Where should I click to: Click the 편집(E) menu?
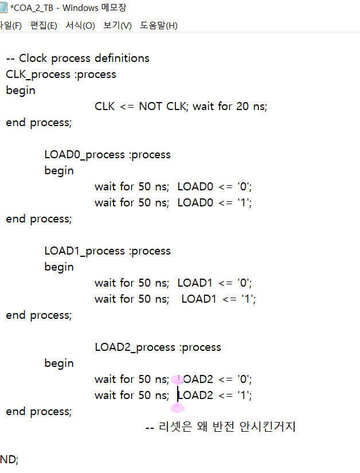click(44, 26)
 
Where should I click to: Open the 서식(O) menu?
click(80, 26)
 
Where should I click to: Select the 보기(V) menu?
click(118, 26)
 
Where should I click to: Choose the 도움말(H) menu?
click(159, 26)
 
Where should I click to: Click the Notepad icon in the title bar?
click(3, 7)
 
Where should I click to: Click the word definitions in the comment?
click(122, 58)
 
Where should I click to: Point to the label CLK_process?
click(38, 74)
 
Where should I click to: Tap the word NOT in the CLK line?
click(151, 106)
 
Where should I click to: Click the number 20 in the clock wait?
click(242, 106)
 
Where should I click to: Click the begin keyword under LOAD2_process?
click(59, 363)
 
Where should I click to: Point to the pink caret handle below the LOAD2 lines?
click(178, 408)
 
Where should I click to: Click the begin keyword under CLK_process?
click(21, 90)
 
